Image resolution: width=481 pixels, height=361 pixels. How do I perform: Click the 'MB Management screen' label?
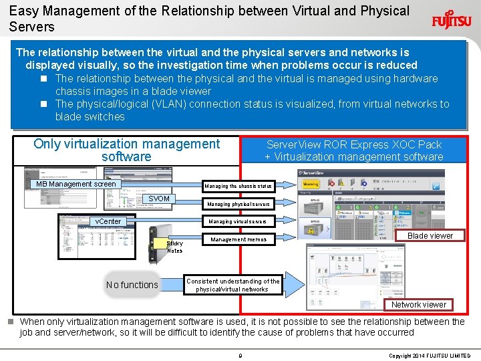(x=76, y=184)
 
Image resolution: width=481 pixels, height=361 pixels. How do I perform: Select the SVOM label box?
(x=159, y=199)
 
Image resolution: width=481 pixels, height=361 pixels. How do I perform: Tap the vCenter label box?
(x=108, y=221)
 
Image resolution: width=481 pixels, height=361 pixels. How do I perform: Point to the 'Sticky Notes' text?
(x=174, y=247)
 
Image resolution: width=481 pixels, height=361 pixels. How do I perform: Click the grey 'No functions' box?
(x=132, y=285)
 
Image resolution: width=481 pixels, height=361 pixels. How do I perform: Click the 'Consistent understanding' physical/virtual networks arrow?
(x=234, y=285)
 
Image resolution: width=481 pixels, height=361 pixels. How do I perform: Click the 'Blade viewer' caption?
(x=430, y=235)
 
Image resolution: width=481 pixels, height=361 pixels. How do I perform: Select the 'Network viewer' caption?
(x=419, y=304)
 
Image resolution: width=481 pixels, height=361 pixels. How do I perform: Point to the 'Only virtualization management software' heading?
(x=126, y=150)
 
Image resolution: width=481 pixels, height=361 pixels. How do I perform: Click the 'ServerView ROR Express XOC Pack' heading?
(x=354, y=144)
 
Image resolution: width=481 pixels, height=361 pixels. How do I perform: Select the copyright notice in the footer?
(x=430, y=355)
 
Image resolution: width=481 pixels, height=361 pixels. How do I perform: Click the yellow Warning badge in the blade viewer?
(x=311, y=183)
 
